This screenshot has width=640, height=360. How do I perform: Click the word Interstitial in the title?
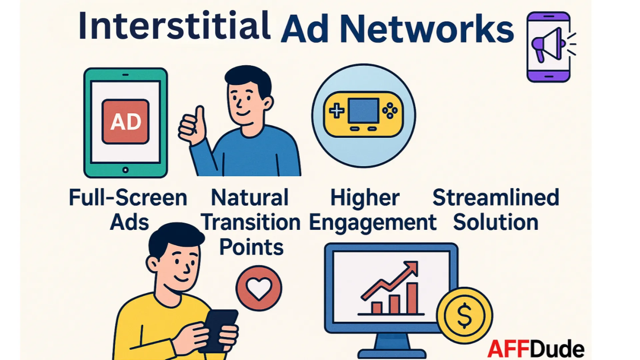(174, 26)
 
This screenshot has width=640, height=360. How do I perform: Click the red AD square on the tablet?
(125, 122)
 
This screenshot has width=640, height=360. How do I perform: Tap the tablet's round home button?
(125, 170)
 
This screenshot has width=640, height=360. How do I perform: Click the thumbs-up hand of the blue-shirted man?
(192, 125)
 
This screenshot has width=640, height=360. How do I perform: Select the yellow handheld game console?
(363, 114)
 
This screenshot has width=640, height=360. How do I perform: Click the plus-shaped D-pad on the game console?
(337, 111)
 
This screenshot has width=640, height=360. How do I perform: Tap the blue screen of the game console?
(363, 110)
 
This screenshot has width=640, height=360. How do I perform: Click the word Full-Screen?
(128, 198)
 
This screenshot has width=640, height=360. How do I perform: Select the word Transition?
(251, 222)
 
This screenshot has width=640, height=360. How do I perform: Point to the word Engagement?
(373, 223)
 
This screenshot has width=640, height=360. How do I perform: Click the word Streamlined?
(496, 197)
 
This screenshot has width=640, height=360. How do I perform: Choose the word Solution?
(496, 222)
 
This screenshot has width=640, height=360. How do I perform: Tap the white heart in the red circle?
(259, 288)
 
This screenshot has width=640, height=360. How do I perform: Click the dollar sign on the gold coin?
(464, 315)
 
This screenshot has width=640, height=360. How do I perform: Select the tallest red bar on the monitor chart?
(412, 298)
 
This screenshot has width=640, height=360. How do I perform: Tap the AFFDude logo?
(536, 349)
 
